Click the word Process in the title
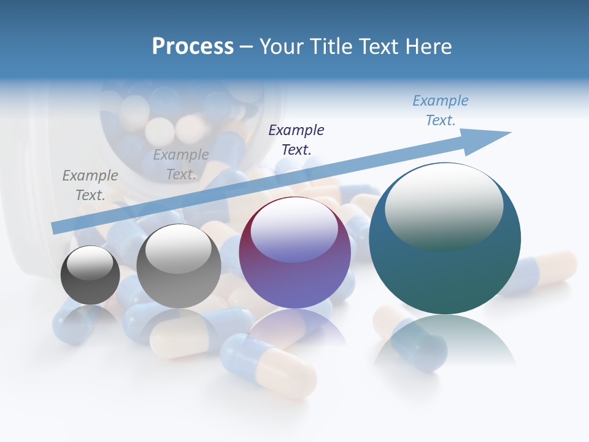(x=193, y=47)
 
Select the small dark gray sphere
(x=90, y=275)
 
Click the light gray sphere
(x=179, y=266)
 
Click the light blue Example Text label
(x=441, y=110)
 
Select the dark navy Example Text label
(x=296, y=139)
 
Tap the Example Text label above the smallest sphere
(x=90, y=185)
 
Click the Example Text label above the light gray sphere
(x=181, y=165)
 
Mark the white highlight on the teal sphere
(x=444, y=206)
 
